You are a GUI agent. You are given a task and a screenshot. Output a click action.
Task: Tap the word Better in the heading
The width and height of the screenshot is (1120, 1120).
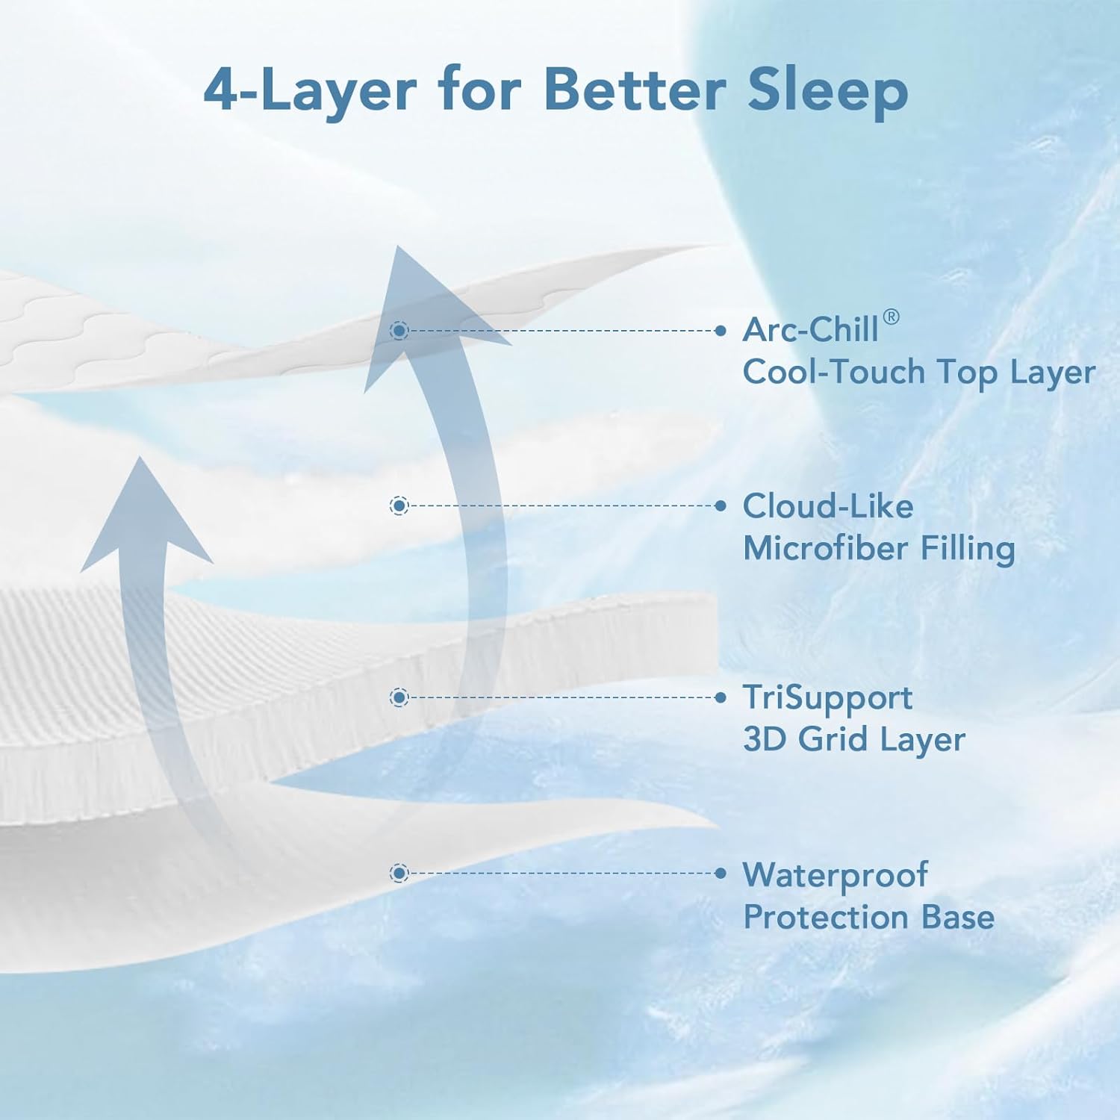(635, 90)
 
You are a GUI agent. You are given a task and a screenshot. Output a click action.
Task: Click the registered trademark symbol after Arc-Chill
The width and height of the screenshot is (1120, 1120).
(891, 317)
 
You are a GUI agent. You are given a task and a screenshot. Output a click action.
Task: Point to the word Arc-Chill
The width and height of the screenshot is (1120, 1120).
(810, 330)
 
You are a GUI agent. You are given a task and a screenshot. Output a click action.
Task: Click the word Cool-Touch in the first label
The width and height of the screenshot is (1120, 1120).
(833, 372)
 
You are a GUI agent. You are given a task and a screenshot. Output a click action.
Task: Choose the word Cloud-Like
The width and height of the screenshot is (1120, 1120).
(827, 506)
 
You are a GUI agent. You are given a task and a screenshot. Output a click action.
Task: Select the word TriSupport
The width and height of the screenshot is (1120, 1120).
(827, 698)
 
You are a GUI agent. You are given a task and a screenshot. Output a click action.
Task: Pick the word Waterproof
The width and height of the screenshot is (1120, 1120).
(835, 875)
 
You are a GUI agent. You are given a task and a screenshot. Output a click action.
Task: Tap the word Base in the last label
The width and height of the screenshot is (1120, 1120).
(958, 917)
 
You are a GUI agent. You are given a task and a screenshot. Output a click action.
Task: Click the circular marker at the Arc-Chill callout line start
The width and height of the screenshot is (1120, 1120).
(399, 330)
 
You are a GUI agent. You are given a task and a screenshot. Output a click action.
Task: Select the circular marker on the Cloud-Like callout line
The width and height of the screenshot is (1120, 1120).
(399, 506)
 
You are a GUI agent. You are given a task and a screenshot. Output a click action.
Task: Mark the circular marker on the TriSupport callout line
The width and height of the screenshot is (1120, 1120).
(399, 697)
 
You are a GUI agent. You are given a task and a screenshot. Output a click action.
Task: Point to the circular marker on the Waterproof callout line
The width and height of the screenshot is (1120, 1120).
(399, 873)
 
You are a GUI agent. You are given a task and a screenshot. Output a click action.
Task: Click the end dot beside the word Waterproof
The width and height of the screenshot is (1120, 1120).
(721, 873)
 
